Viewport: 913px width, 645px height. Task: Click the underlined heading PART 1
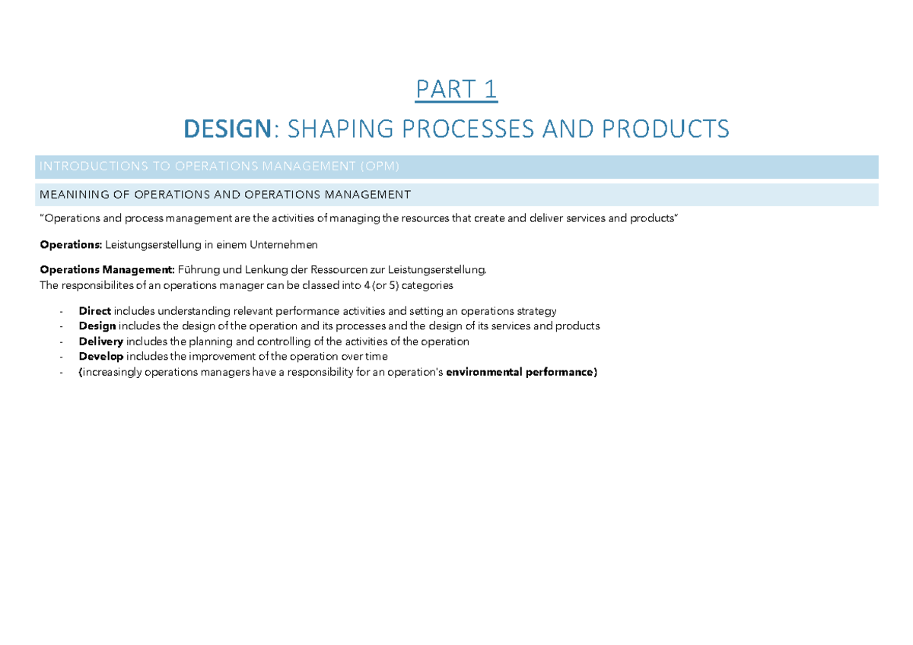(456, 90)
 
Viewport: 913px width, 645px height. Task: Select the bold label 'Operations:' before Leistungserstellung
(71, 245)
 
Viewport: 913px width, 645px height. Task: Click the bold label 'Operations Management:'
(107, 270)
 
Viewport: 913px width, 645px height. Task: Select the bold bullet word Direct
(94, 311)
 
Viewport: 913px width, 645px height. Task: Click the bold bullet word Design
(97, 326)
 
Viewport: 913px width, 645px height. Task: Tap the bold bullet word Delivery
(100, 342)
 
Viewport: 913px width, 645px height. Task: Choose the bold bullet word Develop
(100, 357)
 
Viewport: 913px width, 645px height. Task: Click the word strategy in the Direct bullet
(536, 311)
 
